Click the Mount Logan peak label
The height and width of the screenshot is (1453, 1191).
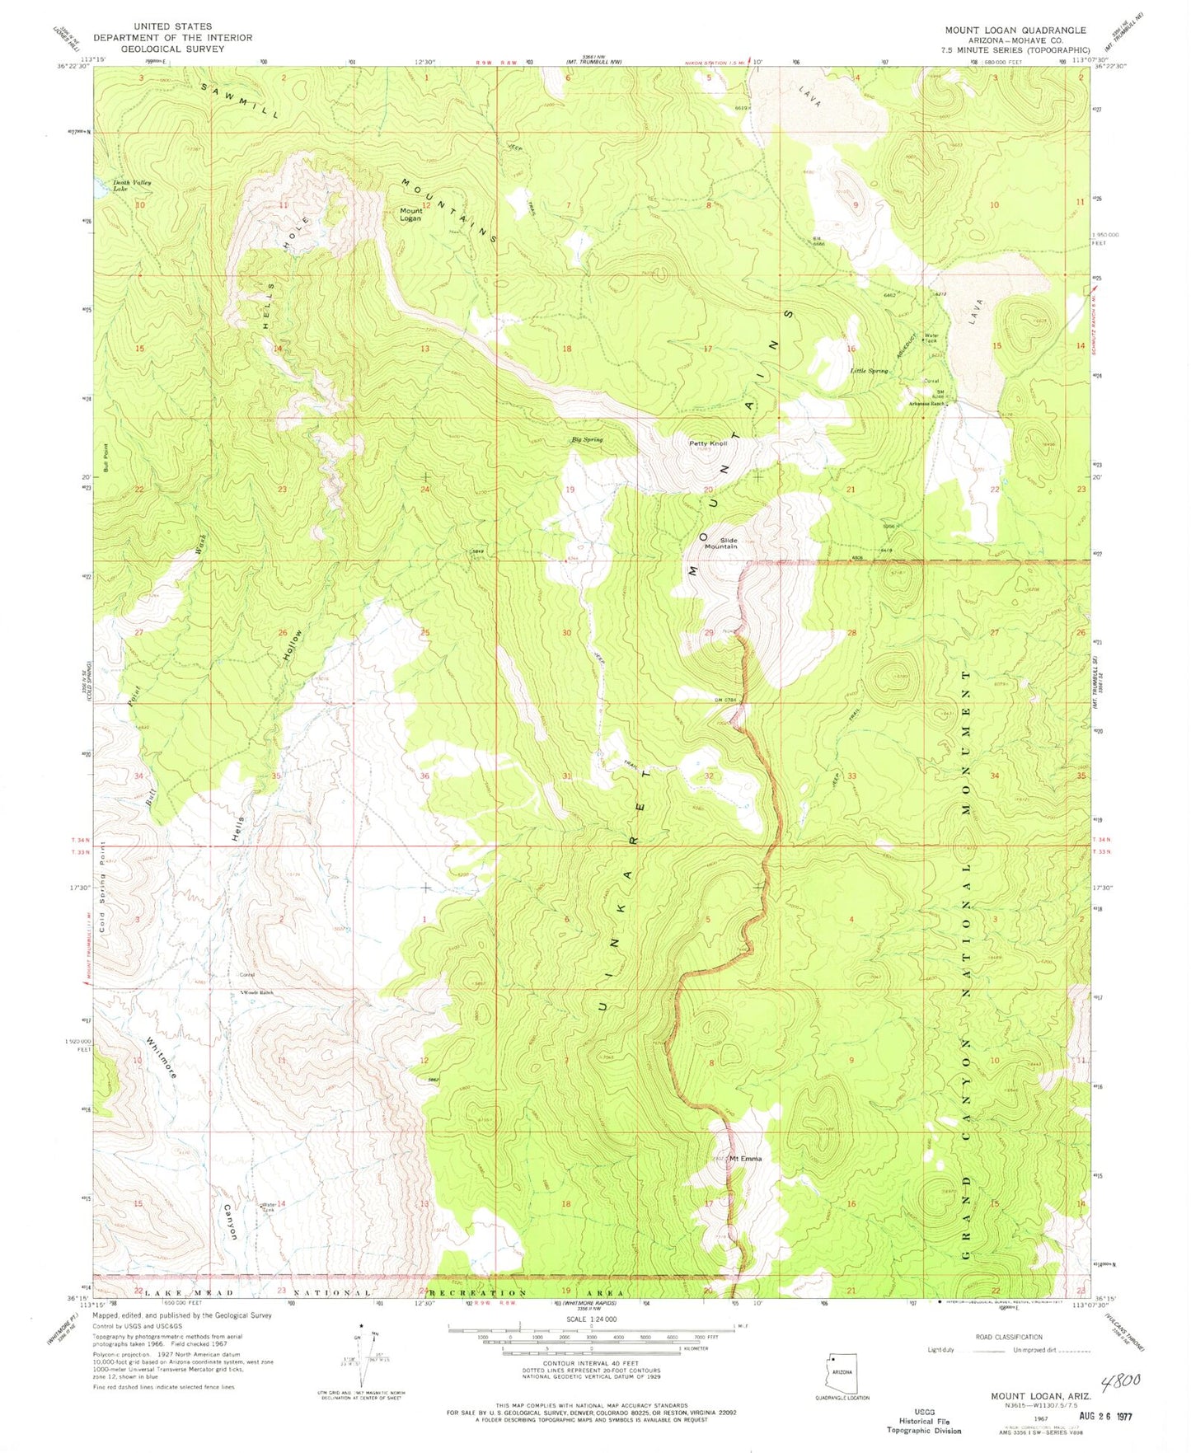click(x=410, y=214)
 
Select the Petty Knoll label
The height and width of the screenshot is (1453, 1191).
click(x=708, y=443)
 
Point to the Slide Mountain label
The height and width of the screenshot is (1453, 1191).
click(x=720, y=542)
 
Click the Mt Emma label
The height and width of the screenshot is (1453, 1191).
click(x=745, y=1158)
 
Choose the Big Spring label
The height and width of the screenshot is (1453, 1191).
click(x=587, y=440)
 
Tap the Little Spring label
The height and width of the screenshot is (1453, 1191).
click(x=870, y=371)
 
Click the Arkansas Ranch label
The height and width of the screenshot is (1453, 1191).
click(x=926, y=404)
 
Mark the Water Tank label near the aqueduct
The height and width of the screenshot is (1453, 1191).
click(x=931, y=338)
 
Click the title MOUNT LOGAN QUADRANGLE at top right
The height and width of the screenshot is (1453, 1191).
click(x=1015, y=30)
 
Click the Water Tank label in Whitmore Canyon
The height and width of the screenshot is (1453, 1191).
click(x=267, y=1206)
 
